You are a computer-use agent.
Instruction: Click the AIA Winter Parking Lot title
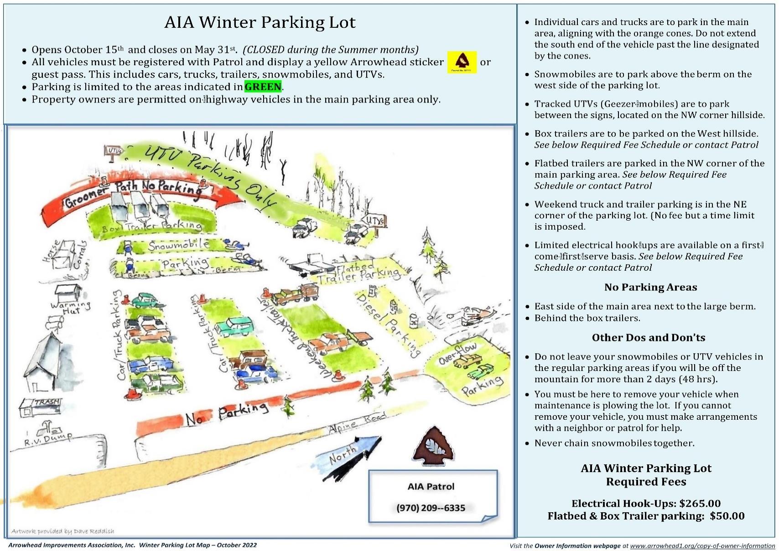point(260,22)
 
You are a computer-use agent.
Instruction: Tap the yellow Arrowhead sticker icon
point(462,62)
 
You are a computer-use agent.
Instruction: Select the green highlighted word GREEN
point(263,87)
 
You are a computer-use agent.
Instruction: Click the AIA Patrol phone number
point(431,508)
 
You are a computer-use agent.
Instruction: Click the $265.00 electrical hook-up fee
point(700,504)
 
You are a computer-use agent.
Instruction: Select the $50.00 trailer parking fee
point(727,516)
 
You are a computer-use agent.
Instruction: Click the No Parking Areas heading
point(650,287)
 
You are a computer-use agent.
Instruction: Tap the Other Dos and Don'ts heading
point(648,338)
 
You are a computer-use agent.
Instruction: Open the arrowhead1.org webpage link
point(702,546)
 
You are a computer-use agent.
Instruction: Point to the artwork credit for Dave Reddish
point(63,531)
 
